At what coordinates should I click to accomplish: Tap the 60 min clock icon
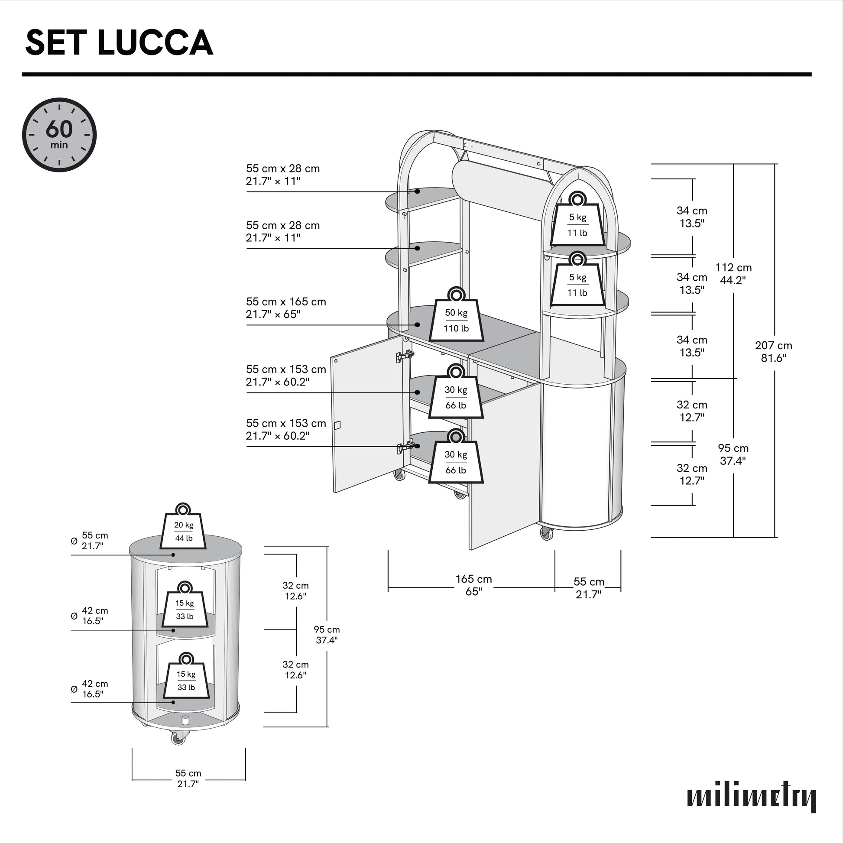pyautogui.click(x=59, y=134)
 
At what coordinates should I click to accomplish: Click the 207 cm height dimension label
pyautogui.click(x=774, y=351)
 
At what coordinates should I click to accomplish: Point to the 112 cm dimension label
pyautogui.click(x=733, y=274)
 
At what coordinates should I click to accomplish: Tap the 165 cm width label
pyautogui.click(x=473, y=585)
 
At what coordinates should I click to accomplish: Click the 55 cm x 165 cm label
pyautogui.click(x=286, y=308)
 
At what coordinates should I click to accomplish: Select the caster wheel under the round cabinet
pyautogui.click(x=178, y=738)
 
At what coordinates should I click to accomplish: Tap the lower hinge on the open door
pyautogui.click(x=405, y=447)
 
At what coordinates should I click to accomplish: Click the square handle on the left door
pyautogui.click(x=337, y=425)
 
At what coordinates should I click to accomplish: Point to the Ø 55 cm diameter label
pyautogui.click(x=90, y=541)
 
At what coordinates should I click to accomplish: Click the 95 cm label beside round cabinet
pyautogui.click(x=326, y=635)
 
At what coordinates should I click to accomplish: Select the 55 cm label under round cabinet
pyautogui.click(x=188, y=778)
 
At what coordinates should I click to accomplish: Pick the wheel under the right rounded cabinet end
pyautogui.click(x=546, y=533)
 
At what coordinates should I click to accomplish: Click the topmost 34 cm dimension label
pyautogui.click(x=691, y=217)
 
